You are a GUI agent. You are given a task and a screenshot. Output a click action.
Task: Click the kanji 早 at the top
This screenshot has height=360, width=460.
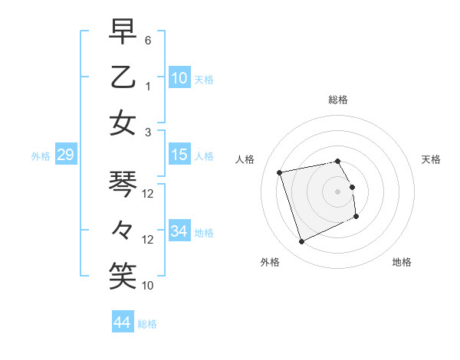[123, 32]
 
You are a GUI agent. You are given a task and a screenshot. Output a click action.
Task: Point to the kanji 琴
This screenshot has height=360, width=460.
[123, 184]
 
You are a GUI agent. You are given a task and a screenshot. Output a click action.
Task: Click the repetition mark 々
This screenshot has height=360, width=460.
[123, 229]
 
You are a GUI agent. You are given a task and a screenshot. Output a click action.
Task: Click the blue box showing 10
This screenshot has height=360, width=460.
[179, 77]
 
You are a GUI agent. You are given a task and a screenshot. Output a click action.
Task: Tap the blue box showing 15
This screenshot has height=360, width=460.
[179, 155]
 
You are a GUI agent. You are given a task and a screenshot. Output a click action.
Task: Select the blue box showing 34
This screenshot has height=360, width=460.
[179, 231]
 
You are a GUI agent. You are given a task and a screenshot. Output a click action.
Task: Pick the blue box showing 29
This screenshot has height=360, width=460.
[65, 155]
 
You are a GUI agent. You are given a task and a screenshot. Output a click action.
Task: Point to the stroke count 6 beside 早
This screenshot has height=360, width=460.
[148, 40]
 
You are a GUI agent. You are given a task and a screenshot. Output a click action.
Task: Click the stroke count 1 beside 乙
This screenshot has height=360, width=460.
[148, 87]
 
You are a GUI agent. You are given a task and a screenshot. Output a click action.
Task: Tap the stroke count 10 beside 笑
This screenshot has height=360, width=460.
[148, 286]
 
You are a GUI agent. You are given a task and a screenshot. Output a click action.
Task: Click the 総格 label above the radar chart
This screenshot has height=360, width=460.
[338, 100]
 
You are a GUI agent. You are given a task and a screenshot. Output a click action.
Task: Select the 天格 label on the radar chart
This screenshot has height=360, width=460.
[432, 159]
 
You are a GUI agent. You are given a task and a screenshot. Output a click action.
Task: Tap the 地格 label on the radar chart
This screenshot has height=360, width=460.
[402, 262]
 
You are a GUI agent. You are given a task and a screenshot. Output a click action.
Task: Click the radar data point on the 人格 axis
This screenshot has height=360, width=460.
[279, 172]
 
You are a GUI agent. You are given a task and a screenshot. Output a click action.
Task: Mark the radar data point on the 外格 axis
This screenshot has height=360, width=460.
[301, 242]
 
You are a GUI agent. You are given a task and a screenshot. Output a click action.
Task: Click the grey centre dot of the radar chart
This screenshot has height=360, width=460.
[338, 191]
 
